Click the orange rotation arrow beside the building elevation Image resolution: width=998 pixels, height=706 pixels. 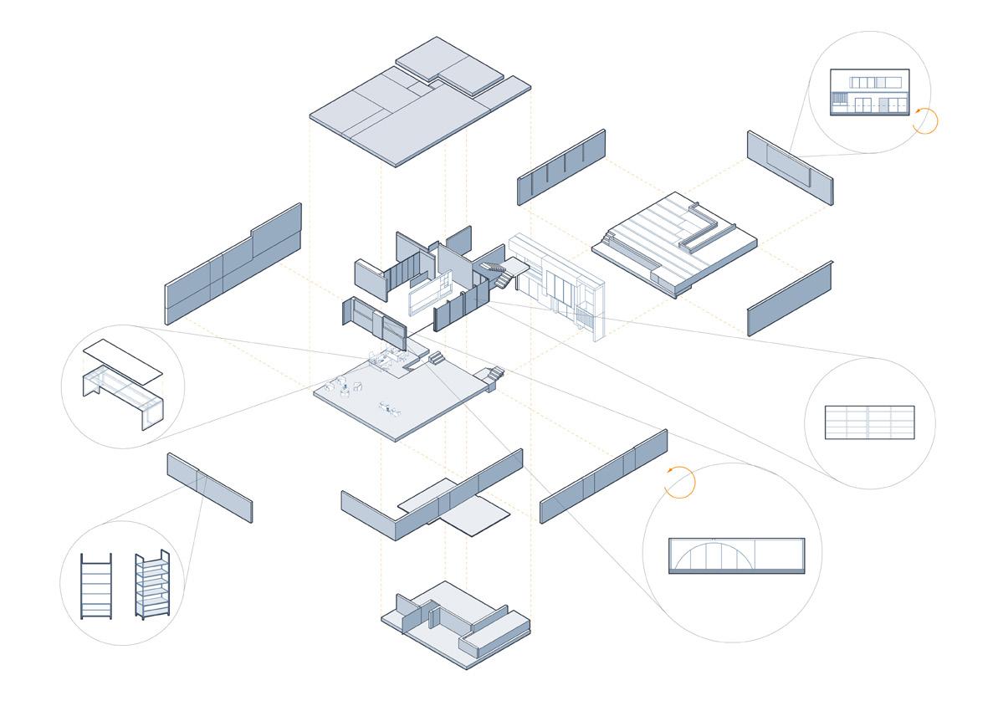pos(925,120)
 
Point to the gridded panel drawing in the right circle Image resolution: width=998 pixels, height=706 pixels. pos(870,422)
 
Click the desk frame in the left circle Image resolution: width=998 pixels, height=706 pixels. pos(123,396)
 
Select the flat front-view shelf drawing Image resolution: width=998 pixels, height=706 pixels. pos(95,586)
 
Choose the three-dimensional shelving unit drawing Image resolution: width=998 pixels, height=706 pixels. pos(153,585)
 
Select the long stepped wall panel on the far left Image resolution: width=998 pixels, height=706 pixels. pos(233,263)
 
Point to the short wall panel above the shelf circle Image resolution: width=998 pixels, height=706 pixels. pos(209,487)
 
